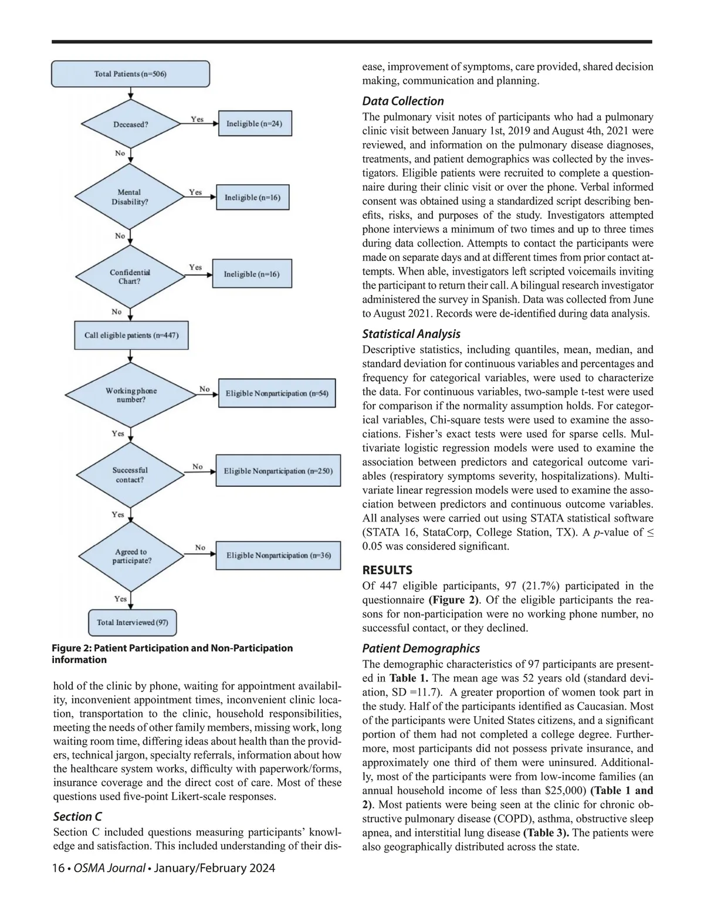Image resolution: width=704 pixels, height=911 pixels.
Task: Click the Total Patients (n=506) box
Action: pyautogui.click(x=130, y=74)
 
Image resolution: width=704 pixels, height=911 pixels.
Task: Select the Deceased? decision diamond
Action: pyautogui.click(x=131, y=124)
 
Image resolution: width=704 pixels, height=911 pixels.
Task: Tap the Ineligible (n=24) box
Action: pyautogui.click(x=255, y=124)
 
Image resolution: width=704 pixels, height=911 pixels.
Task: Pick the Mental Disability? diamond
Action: pyautogui.click(x=130, y=197)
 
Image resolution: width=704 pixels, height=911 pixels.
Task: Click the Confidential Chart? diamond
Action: pyautogui.click(x=130, y=277)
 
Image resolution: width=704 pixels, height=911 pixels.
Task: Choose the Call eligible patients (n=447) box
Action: pyautogui.click(x=131, y=336)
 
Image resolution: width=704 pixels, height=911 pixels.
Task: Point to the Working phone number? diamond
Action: pyautogui.click(x=131, y=395)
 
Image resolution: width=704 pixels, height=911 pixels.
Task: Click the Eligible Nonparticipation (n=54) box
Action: pyautogui.click(x=277, y=393)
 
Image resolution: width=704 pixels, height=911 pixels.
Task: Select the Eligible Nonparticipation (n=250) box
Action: pyautogui.click(x=278, y=471)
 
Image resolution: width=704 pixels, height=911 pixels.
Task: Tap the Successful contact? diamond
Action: pyautogui.click(x=130, y=475)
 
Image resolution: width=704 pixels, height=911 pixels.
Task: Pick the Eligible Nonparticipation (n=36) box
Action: pyautogui.click(x=278, y=555)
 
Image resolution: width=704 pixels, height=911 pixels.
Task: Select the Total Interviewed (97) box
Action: pyautogui.click(x=133, y=622)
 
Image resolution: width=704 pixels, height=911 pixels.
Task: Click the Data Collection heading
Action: pyautogui.click(x=403, y=101)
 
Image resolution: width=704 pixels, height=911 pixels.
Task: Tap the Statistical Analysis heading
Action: pyautogui.click(x=411, y=334)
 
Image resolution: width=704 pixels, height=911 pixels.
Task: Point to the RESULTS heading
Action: pyautogui.click(x=387, y=570)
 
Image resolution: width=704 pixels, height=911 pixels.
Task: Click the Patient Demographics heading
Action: pyautogui.click(x=421, y=648)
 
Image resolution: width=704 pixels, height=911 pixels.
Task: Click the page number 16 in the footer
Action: pyautogui.click(x=58, y=868)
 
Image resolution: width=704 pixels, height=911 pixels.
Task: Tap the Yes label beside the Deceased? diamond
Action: pyautogui.click(x=197, y=119)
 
